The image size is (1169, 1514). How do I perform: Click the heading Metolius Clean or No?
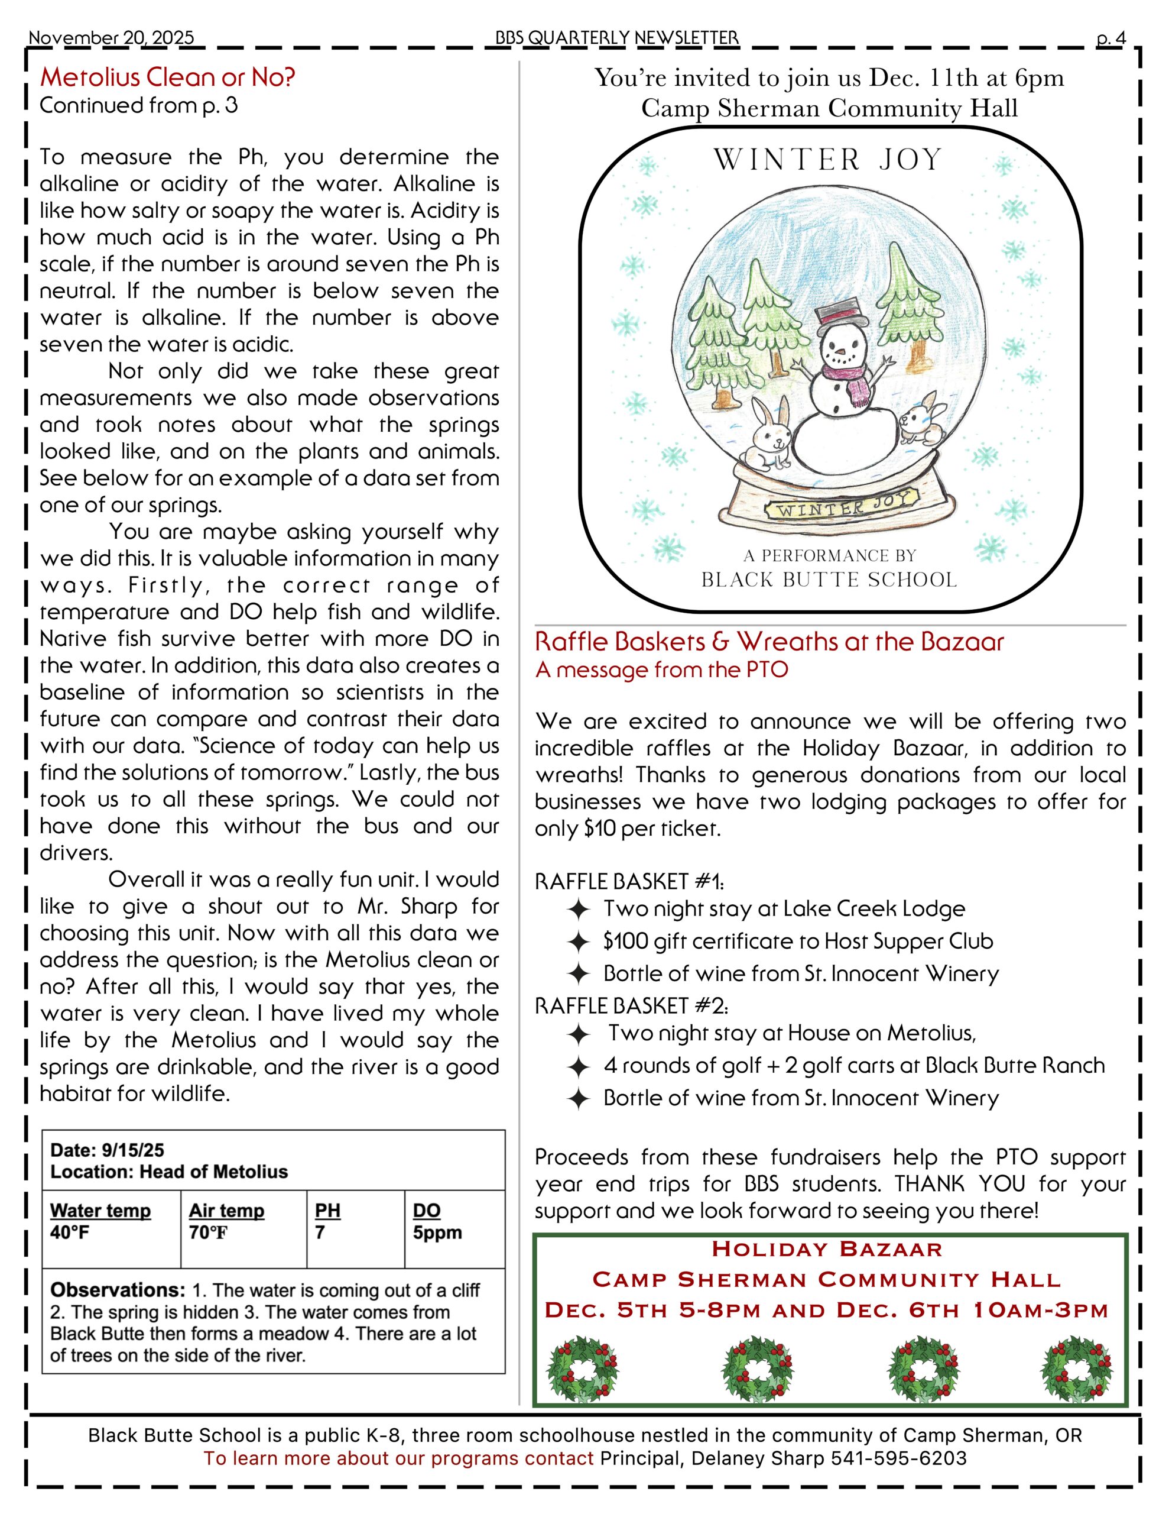167,77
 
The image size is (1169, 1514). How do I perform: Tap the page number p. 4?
1111,38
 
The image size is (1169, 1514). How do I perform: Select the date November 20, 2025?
111,38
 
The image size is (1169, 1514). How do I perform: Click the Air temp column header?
226,1211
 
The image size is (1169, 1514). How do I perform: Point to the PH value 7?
320,1232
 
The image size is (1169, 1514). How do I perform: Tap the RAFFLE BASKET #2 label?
631,1005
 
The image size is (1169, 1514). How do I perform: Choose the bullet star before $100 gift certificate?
578,942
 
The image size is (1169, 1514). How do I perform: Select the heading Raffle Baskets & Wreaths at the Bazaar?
769,642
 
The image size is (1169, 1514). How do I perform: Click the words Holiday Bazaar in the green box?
827,1249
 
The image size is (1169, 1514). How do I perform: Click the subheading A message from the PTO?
661,670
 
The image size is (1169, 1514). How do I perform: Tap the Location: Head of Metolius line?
168,1172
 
